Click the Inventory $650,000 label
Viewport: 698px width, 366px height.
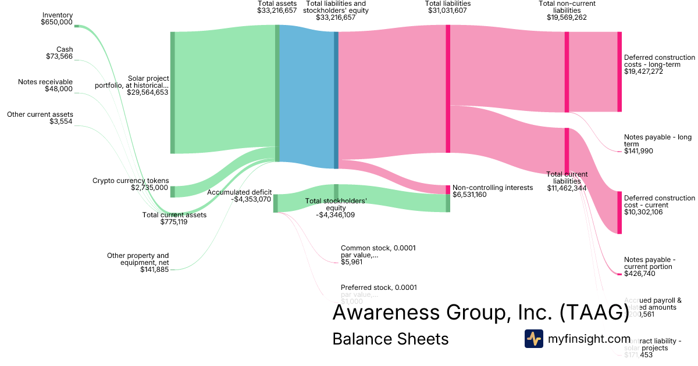tap(56, 19)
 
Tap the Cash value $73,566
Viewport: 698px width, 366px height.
tap(59, 56)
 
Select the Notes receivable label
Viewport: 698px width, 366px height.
tap(45, 82)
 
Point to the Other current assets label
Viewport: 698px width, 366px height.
tap(40, 114)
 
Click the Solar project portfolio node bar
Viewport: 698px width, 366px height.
tap(172, 93)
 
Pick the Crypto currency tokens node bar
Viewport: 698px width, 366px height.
tap(172, 192)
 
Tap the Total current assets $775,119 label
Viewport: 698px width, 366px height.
tap(174, 218)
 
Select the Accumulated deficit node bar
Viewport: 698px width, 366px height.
tap(275, 203)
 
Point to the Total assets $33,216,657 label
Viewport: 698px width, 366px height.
tap(277, 7)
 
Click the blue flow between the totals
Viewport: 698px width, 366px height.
tap(307, 99)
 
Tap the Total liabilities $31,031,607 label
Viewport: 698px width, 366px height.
tap(447, 7)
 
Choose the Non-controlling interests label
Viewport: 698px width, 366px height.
tap(492, 188)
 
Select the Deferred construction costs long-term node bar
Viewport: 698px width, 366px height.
tap(619, 71)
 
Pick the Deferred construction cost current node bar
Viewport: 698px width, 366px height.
tap(619, 212)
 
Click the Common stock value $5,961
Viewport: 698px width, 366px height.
tap(351, 262)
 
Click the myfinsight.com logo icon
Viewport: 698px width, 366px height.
tap(534, 339)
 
